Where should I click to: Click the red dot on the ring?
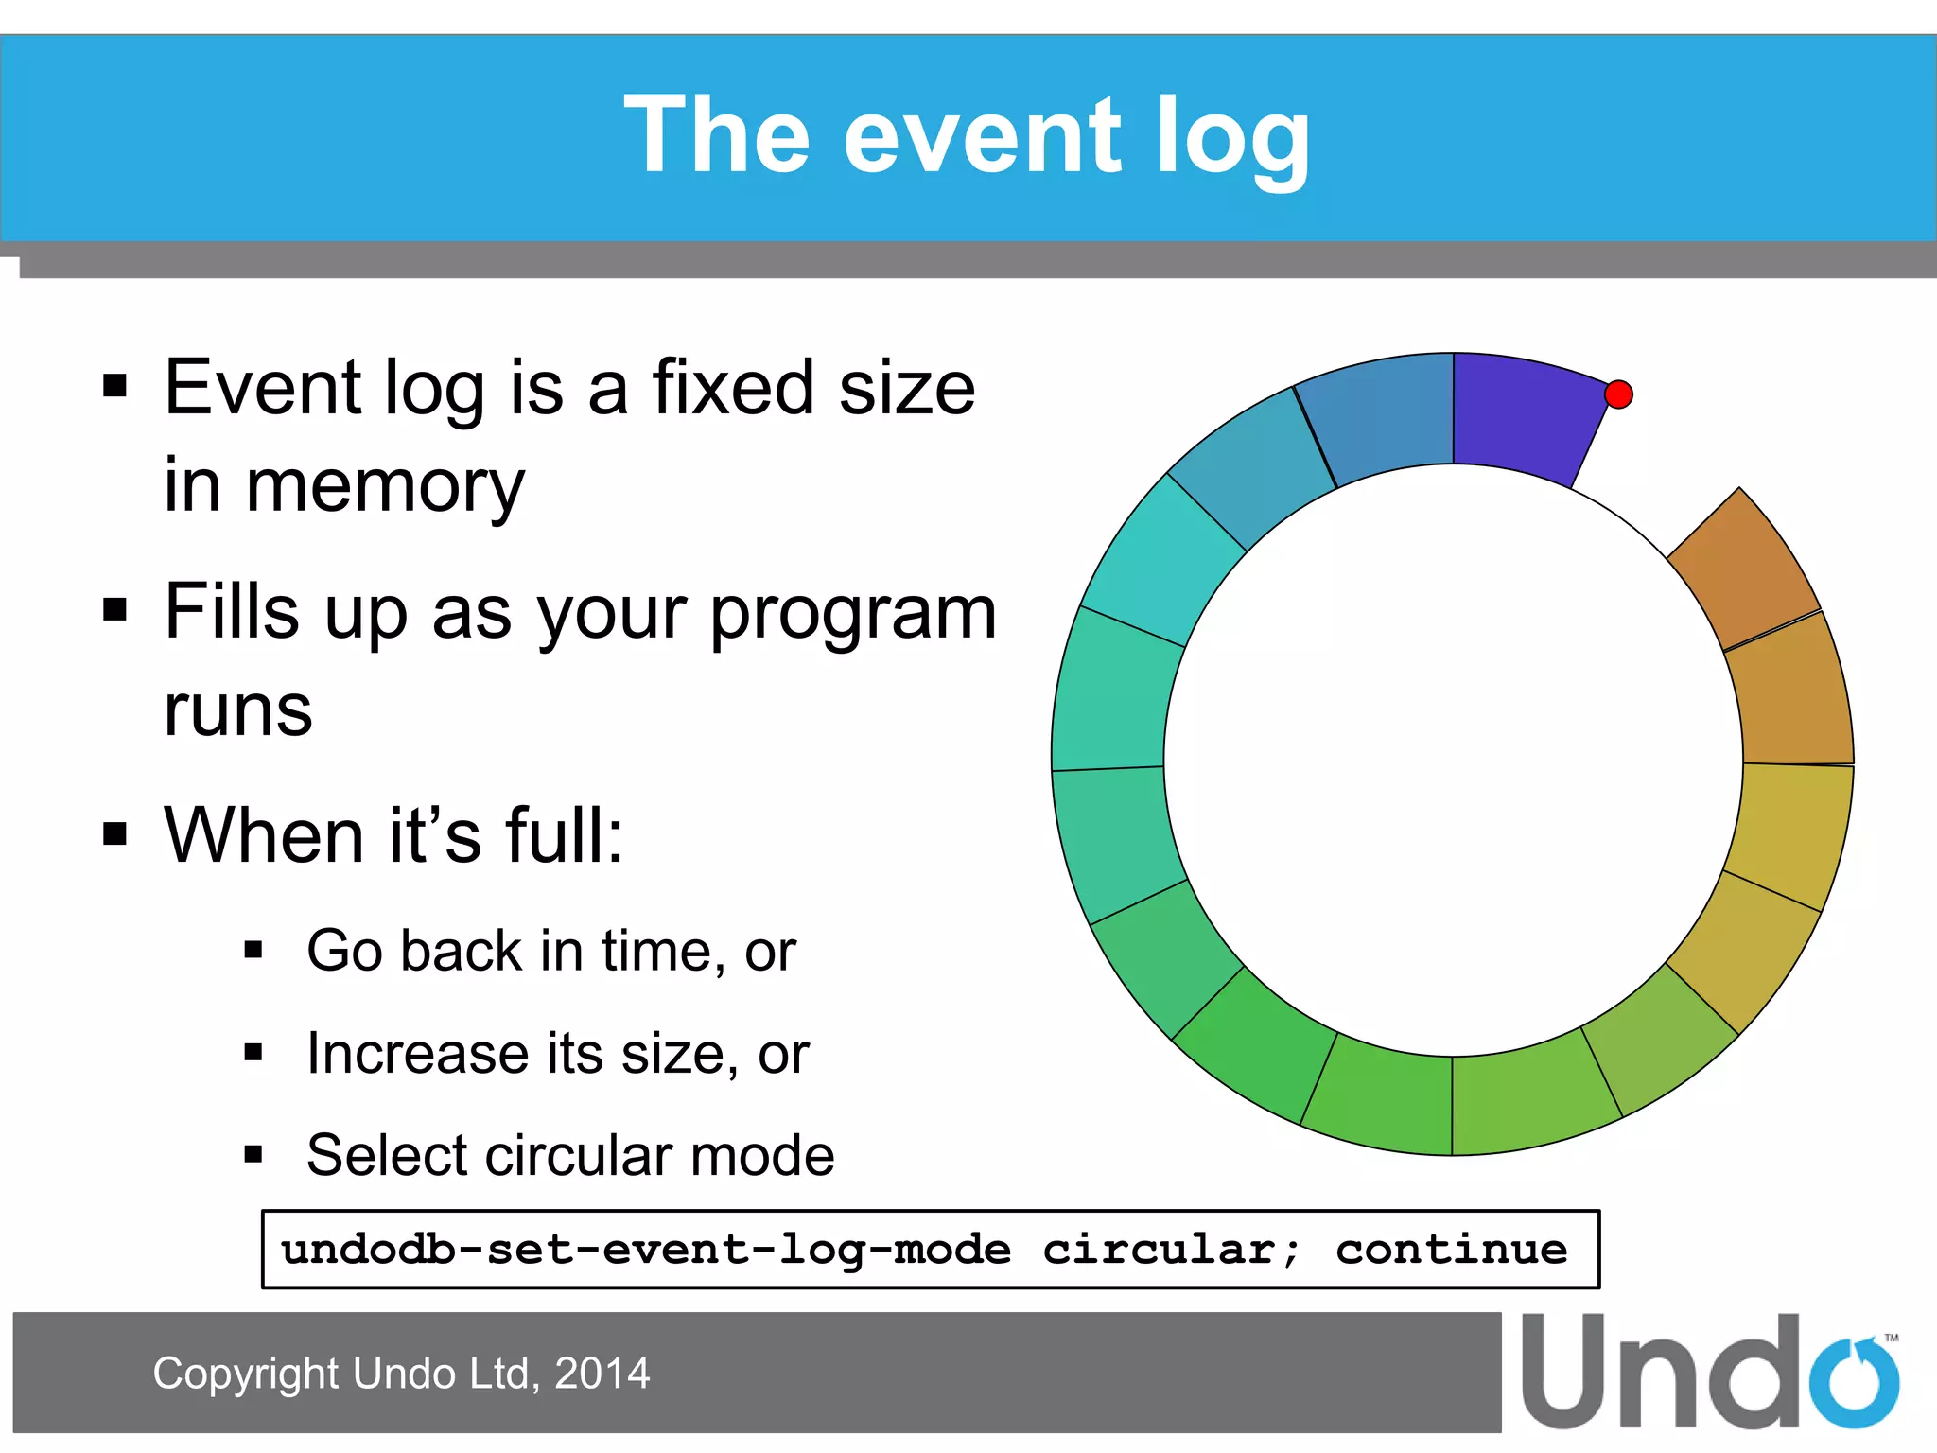point(1618,394)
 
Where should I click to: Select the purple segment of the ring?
point(1523,416)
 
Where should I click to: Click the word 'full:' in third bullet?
point(565,836)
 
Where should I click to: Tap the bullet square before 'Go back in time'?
point(253,950)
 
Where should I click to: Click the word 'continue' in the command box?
point(1451,1250)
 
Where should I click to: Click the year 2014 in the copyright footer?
point(602,1374)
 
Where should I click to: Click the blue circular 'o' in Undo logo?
point(1853,1383)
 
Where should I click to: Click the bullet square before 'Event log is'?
point(115,386)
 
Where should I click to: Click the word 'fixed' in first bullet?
point(732,388)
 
